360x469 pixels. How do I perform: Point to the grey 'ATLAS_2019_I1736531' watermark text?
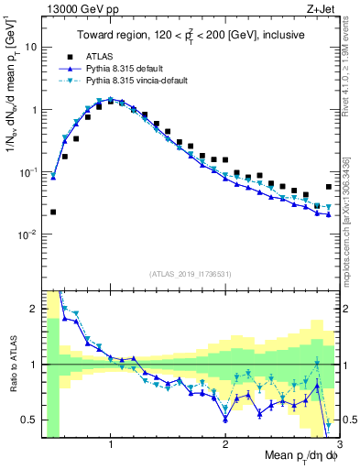[x=191, y=274]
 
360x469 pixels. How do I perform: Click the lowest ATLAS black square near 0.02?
[x=53, y=212]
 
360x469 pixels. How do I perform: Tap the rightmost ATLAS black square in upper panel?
[x=329, y=187]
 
